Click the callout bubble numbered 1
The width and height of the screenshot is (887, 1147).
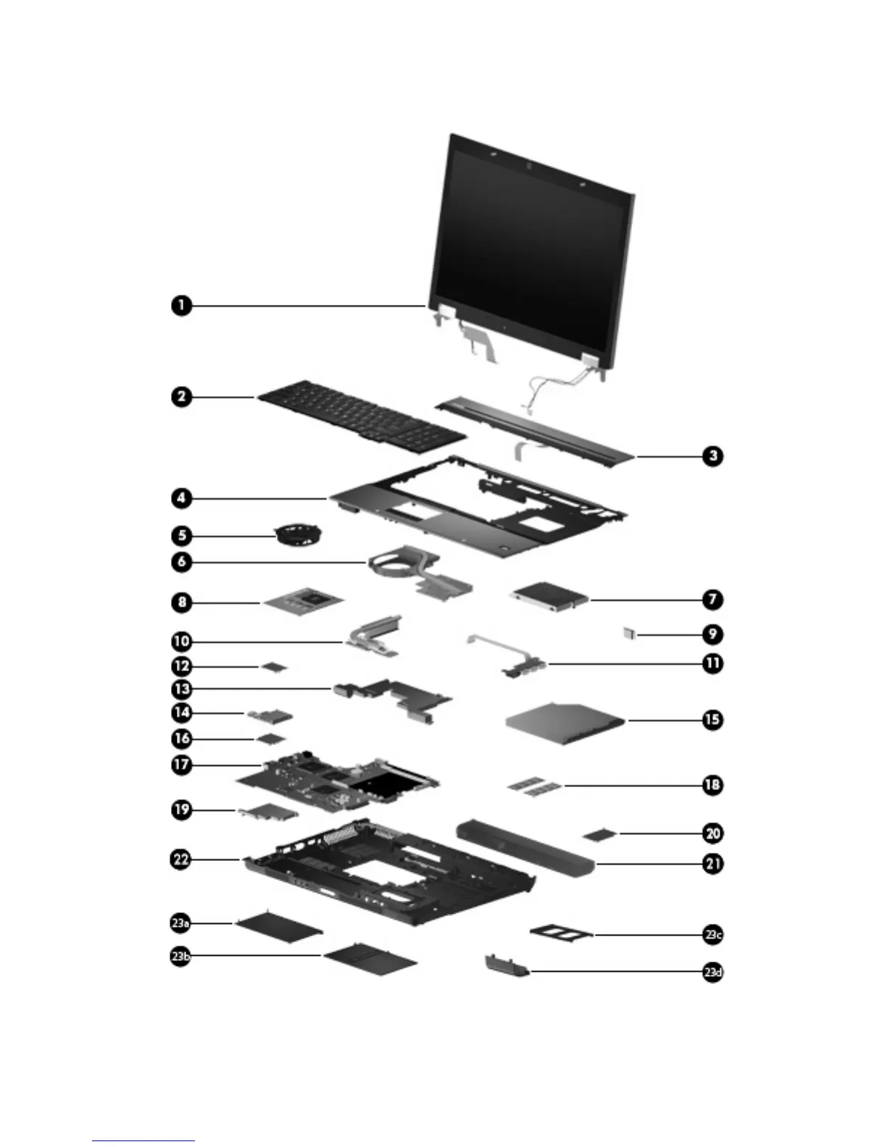coord(181,305)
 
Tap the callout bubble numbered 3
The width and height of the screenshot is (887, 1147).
coord(713,455)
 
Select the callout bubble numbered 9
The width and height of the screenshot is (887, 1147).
coord(713,634)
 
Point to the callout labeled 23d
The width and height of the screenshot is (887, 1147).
coord(713,972)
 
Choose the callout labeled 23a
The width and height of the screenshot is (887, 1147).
coord(180,923)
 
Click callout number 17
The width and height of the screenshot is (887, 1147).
coord(181,765)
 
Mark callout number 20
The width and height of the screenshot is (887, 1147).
coord(713,833)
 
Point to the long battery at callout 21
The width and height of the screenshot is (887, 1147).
coord(525,846)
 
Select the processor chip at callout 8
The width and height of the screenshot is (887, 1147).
coord(303,601)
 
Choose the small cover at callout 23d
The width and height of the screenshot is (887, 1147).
coord(506,965)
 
